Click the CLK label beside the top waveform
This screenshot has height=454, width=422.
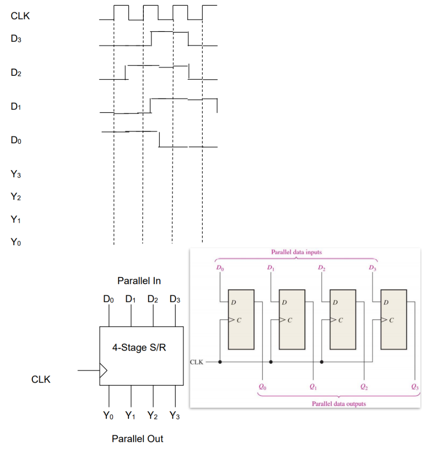click(x=20, y=16)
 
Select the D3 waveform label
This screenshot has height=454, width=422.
click(x=16, y=39)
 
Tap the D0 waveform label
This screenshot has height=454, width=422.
click(x=16, y=141)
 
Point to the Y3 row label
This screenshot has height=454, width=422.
click(x=16, y=175)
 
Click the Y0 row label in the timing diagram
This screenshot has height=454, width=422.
click(x=16, y=242)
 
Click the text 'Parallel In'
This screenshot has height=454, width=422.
click(x=139, y=281)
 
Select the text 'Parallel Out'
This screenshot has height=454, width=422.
click(x=138, y=439)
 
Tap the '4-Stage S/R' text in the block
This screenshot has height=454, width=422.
click(x=139, y=348)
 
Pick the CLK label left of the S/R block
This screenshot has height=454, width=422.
click(x=41, y=380)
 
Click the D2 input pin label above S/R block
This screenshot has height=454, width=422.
click(x=153, y=299)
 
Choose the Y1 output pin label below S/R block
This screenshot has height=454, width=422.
click(x=130, y=416)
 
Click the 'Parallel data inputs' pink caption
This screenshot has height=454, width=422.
click(x=296, y=252)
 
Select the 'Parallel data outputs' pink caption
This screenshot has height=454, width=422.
click(x=339, y=403)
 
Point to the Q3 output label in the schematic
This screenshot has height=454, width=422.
click(x=414, y=387)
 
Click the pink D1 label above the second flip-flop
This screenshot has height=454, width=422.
click(x=271, y=268)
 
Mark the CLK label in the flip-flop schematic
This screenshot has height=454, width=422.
click(x=197, y=362)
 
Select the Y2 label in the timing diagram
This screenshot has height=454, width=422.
click(x=16, y=197)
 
